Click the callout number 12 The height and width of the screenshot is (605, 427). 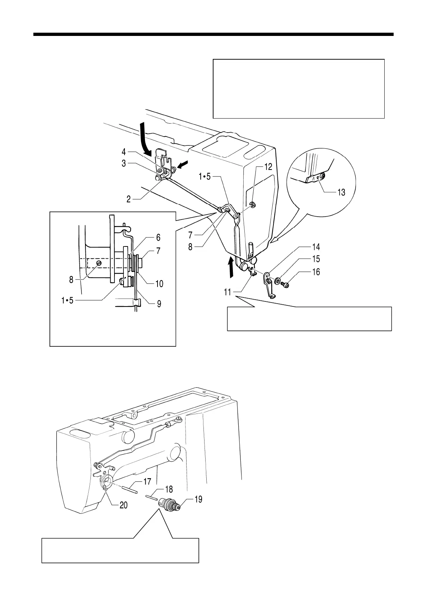(x=268, y=167)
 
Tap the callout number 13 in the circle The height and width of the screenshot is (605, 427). (x=341, y=192)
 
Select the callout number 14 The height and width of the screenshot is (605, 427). (x=316, y=247)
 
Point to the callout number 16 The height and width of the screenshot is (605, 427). (x=316, y=272)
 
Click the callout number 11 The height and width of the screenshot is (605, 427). (x=228, y=292)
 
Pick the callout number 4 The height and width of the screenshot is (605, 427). (x=123, y=152)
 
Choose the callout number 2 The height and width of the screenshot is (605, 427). (x=128, y=199)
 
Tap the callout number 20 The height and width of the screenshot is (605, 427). (x=123, y=505)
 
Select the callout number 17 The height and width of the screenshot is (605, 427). (x=147, y=482)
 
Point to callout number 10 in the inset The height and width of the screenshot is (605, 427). (x=159, y=284)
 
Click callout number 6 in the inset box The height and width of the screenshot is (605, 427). (x=158, y=237)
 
